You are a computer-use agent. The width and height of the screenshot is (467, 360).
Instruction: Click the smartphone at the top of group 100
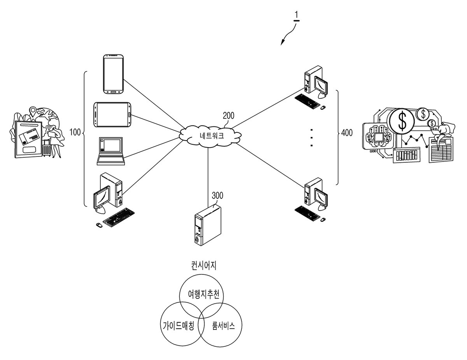[x=113, y=74]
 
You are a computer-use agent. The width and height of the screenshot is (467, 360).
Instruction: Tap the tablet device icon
[x=112, y=115]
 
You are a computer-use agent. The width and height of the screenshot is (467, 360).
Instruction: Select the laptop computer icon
[x=111, y=151]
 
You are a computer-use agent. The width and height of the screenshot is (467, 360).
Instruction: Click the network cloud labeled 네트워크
[x=210, y=136]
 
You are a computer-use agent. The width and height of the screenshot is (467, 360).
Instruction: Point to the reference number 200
[x=228, y=116]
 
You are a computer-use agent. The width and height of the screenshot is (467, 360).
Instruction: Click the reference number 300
[x=218, y=196]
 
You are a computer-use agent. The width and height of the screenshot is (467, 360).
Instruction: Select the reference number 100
[x=75, y=132]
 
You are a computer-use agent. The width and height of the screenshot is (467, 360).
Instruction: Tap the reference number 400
[x=347, y=133]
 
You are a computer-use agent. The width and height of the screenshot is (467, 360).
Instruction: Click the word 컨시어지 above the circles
[x=204, y=266]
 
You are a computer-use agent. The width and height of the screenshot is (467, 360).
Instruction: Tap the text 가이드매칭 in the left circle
[x=178, y=326]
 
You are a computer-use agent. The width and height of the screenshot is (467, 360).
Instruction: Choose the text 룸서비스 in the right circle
[x=223, y=326]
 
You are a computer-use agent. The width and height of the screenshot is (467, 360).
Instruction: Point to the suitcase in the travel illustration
[x=47, y=149]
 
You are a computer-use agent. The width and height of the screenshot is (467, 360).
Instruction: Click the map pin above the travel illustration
[x=33, y=112]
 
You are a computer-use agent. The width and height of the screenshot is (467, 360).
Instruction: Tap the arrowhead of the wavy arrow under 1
[x=283, y=43]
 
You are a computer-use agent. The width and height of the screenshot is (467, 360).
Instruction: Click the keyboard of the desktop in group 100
[x=119, y=217]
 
